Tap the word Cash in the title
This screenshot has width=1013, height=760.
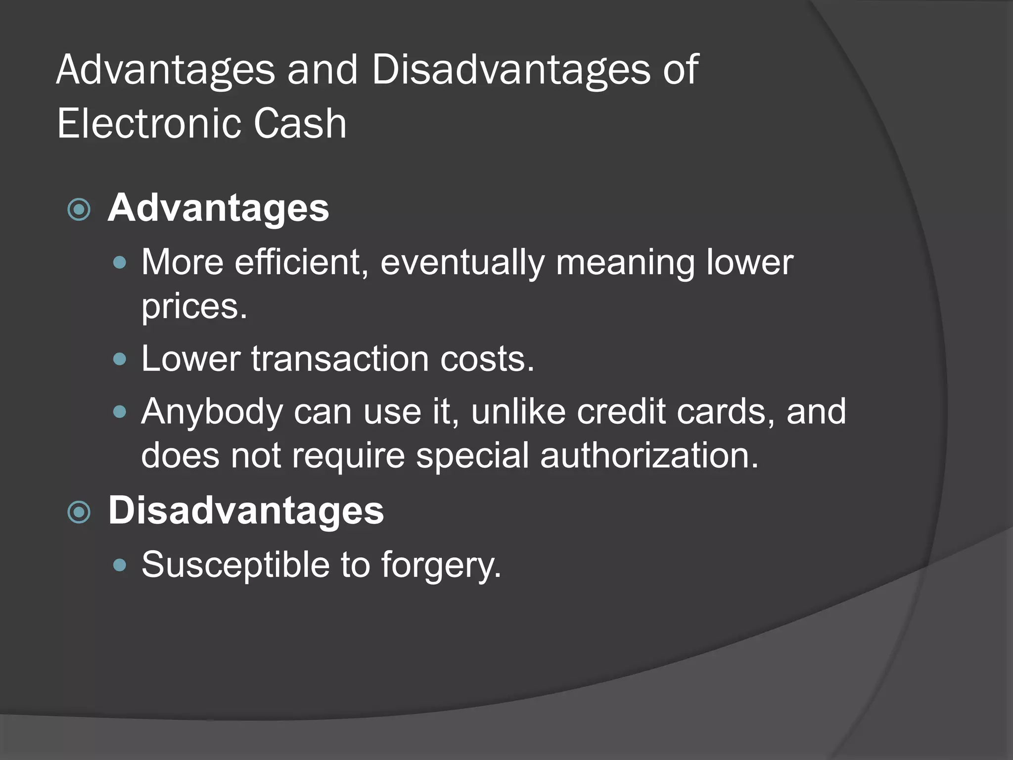coord(300,124)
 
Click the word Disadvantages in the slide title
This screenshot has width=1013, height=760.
coord(510,70)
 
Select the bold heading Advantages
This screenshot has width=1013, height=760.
coord(218,208)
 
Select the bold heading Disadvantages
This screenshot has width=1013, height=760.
coord(246,511)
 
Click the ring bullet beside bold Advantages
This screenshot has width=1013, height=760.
coord(79,210)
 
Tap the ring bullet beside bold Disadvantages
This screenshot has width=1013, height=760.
coord(79,513)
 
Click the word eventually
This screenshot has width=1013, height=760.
coord(462,263)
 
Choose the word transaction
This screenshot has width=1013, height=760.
coord(340,358)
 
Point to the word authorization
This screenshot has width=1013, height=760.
coord(649,455)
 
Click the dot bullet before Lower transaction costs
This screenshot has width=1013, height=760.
coord(120,359)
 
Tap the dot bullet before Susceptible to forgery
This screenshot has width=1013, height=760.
coord(120,565)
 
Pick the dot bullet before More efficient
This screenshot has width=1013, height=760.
coord(120,263)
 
